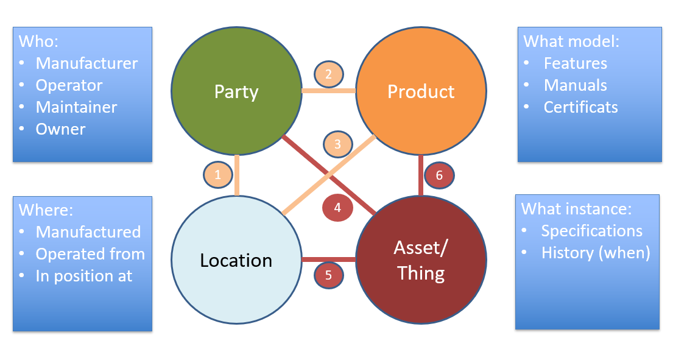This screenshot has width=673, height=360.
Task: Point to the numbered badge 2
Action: point(328,74)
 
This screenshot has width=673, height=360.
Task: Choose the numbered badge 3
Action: point(337,144)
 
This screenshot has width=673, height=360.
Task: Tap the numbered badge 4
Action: point(337,207)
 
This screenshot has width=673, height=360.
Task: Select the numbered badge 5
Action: point(328,275)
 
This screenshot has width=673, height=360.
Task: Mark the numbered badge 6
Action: point(440,175)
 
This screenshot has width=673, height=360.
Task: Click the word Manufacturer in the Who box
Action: point(86,63)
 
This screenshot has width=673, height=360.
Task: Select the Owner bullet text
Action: point(60,129)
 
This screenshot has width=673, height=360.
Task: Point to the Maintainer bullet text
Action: point(76,107)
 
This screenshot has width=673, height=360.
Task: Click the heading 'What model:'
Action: point(571,41)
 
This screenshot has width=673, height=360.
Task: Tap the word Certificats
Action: point(580,107)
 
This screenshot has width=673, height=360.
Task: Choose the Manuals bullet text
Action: point(575,85)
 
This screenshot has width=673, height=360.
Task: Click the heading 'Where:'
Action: point(46,210)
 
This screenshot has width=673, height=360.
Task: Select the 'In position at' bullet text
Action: point(83,276)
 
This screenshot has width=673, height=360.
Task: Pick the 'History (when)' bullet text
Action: point(595,253)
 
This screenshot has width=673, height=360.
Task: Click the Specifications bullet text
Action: point(591,231)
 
